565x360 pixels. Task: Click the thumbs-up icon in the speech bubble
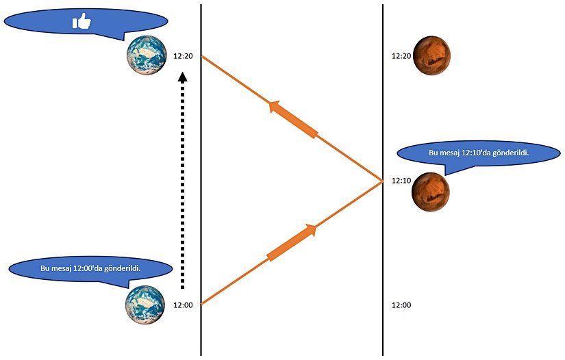[82, 23]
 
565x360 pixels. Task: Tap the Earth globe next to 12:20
[146, 55]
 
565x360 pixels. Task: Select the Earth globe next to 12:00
[145, 305]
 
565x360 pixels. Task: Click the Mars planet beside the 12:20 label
[431, 55]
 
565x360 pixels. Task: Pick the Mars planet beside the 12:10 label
[430, 192]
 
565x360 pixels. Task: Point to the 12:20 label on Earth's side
[183, 56]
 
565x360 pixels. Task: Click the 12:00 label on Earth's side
[183, 305]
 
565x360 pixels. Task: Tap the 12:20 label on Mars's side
[401, 56]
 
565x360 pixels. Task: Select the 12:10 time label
[401, 181]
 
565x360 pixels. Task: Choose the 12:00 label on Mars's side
[401, 305]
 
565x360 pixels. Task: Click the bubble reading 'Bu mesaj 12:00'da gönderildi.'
[90, 268]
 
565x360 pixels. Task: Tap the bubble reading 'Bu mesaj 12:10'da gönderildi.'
[478, 153]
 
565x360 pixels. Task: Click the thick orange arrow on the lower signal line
[293, 242]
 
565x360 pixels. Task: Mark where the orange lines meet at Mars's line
[382, 181]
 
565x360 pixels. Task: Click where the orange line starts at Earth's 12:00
[201, 303]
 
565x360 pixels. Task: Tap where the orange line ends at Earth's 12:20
[201, 56]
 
